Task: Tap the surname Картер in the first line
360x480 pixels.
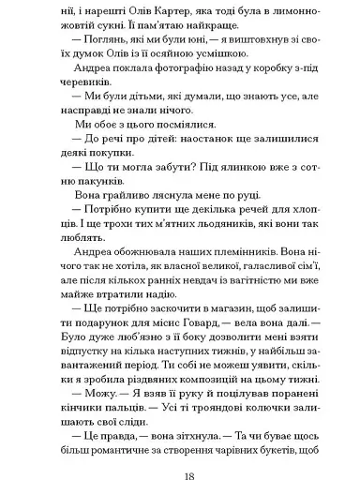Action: coord(133,15)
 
